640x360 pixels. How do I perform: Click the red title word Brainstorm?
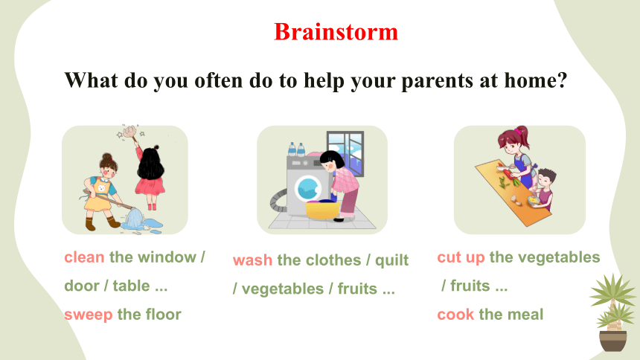pos(336,31)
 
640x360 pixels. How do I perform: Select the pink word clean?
pos(85,257)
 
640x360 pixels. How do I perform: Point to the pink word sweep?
pos(88,315)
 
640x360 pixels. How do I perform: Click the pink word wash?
pos(253,260)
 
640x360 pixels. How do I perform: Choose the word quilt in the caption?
pos(392,260)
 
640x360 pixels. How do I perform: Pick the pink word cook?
pos(455,315)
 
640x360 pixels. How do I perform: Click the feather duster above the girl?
pos(130,132)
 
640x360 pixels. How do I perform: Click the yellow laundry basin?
pos(323,210)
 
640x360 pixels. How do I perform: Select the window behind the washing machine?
pos(345,152)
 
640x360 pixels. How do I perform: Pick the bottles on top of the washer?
pos(296,150)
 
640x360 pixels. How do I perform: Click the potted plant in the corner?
pos(613,312)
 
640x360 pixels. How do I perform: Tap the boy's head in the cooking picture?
pos(546,179)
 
